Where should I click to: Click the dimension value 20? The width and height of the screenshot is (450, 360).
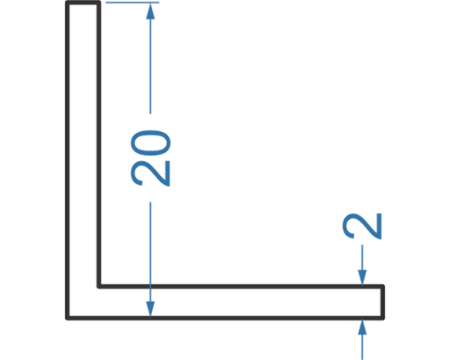(x=151, y=158)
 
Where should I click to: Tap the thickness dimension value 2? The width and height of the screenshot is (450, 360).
(x=362, y=226)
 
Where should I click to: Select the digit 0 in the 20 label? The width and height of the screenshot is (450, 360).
(x=151, y=143)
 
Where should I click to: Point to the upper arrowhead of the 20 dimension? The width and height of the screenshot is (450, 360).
(x=150, y=12)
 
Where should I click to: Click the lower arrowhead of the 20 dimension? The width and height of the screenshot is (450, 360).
(x=150, y=309)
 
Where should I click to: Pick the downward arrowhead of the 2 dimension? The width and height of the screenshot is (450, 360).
(x=363, y=277)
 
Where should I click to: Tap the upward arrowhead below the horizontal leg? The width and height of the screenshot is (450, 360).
(x=363, y=328)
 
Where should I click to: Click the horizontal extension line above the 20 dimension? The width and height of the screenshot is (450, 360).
(x=132, y=3)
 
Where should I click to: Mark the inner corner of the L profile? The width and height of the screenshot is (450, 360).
(x=99, y=286)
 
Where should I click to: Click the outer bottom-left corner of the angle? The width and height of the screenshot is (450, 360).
(x=67, y=318)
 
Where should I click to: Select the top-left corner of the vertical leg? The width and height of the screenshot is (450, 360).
(x=67, y=3)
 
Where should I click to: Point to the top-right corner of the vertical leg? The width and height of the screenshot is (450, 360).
(x=99, y=3)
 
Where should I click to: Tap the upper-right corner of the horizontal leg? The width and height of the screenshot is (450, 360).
(x=383, y=286)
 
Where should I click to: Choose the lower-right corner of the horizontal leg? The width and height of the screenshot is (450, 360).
(x=383, y=318)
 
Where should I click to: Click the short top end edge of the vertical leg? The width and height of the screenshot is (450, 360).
(x=83, y=3)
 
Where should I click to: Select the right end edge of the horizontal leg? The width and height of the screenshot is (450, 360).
(x=383, y=302)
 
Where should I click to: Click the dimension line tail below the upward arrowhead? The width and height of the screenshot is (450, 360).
(x=363, y=347)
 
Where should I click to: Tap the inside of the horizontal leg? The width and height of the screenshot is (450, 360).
(x=240, y=302)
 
